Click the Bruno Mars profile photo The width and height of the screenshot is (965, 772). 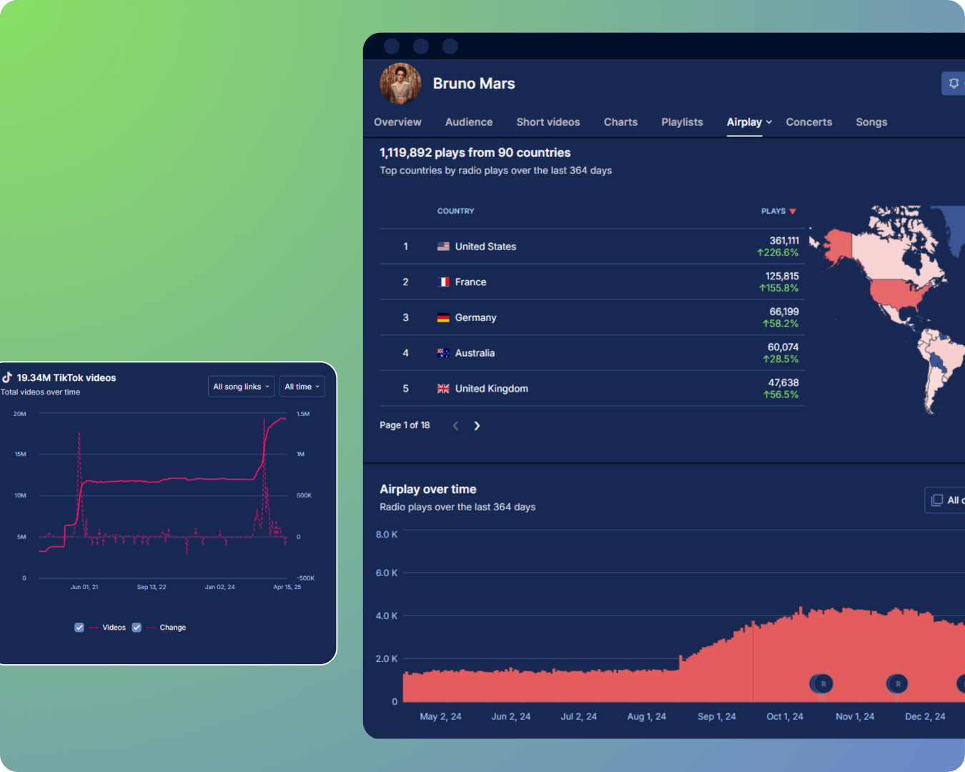pos(400,84)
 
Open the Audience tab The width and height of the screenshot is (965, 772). pos(469,122)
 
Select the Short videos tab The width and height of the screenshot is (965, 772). pos(548,122)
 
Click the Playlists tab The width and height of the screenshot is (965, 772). pos(682,122)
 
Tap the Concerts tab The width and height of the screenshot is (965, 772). pos(808,122)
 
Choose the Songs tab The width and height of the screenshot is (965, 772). pos(871,122)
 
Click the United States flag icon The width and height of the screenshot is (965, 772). pos(443,247)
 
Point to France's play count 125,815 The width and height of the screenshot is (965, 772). pos(782,277)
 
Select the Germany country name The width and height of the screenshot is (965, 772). pos(475,317)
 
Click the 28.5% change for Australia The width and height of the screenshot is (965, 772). pos(781,359)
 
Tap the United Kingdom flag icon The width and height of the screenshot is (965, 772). pos(443,389)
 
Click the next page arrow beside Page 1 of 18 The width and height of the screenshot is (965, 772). pos(477,426)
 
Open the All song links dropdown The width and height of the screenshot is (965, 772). pos(241,387)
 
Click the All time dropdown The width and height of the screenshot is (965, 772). pos(302,387)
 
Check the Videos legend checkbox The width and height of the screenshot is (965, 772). pos(79,628)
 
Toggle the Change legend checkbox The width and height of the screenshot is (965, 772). pos(137,628)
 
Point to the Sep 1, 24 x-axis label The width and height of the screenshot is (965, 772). pos(716,716)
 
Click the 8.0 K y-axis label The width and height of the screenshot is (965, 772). pos(387,535)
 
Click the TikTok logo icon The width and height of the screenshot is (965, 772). pos(7,377)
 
